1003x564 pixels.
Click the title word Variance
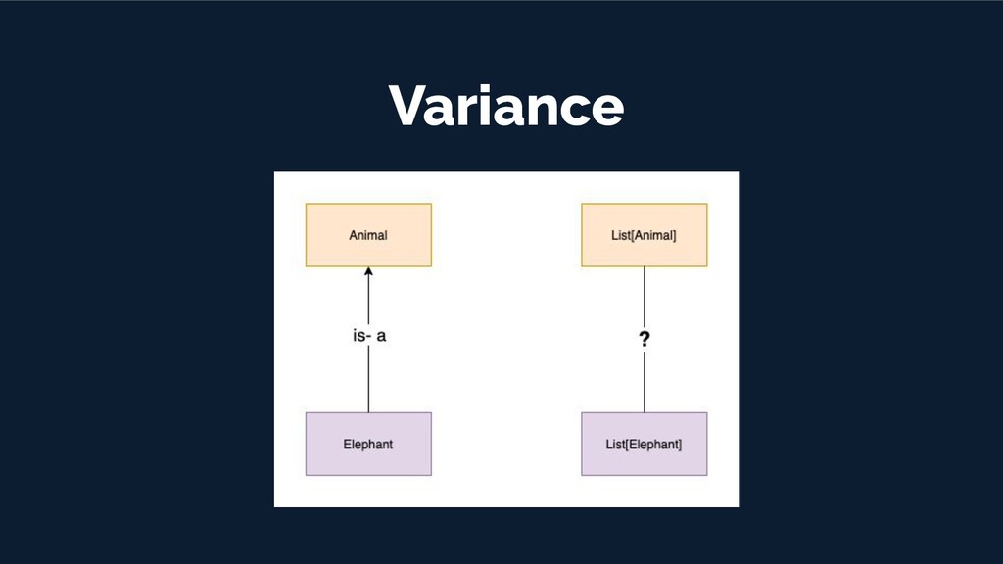tap(505, 105)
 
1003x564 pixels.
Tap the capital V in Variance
tap(407, 105)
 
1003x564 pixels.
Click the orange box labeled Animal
tap(368, 235)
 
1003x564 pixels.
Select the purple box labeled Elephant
tap(368, 444)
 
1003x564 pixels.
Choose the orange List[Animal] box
tap(644, 235)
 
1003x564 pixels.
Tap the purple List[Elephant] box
tap(644, 444)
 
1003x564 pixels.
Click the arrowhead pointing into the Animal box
tap(368, 273)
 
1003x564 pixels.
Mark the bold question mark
tap(645, 340)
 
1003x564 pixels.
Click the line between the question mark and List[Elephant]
tap(644, 384)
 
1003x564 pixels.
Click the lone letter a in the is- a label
tap(382, 336)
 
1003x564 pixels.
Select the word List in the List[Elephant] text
tap(615, 444)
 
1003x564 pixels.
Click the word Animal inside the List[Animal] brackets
tap(651, 235)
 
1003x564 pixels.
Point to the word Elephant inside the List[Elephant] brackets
tap(653, 444)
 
